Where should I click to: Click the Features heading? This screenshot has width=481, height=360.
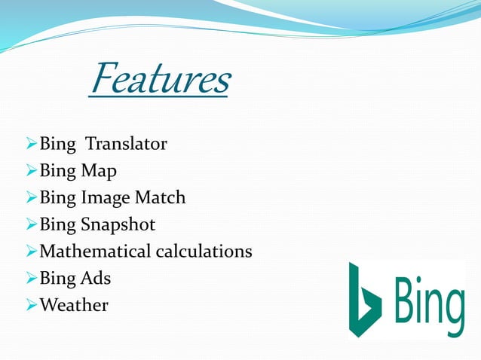pos(160,81)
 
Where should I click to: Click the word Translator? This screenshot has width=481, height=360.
pos(126,144)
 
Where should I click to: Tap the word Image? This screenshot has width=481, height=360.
pos(106,198)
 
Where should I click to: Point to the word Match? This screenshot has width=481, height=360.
pos(160,198)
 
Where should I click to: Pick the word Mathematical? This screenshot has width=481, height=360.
pos(94,252)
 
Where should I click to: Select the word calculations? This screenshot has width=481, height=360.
pos(204,252)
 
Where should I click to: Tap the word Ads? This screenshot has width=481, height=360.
pos(96,278)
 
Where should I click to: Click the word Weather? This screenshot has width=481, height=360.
pos(73,305)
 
